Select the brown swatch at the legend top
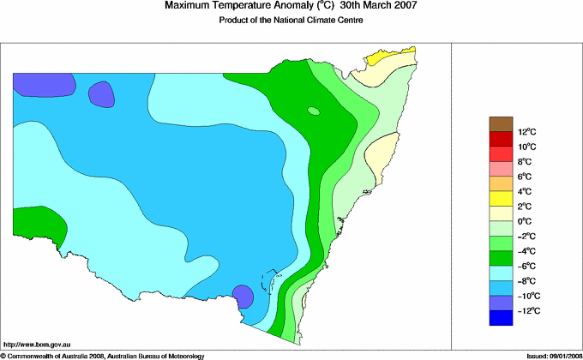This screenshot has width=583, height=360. pos(502,123)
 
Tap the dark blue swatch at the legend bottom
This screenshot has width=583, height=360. pos(502,318)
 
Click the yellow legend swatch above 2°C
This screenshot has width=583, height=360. pos(502,198)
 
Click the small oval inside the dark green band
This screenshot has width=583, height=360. pos(314,111)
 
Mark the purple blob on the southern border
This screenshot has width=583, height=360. pos(243,297)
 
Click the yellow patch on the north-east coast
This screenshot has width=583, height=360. pos(383,59)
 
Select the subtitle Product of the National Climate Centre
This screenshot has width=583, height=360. pos(291,21)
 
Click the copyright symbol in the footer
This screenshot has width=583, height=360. pos(3,355)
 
